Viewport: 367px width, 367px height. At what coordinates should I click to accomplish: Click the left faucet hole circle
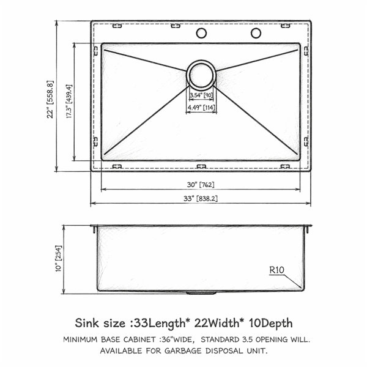pos(201,33)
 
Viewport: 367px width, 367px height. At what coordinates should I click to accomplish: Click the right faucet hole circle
pos(256,33)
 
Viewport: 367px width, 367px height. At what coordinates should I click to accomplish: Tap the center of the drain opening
pos(201,75)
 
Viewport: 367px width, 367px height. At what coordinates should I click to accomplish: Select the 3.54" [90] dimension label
pos(201,95)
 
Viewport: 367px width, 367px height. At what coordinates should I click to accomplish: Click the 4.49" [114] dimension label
pos(201,108)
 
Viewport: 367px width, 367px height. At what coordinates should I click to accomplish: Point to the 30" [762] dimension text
pos(201,185)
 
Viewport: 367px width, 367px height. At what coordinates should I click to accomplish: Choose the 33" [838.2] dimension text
pos(201,198)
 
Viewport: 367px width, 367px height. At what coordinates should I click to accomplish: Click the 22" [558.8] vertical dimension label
pos(50,100)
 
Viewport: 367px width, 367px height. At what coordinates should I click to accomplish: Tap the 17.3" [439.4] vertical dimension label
pos(69,101)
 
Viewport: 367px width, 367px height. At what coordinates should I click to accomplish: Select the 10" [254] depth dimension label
pos(58,258)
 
